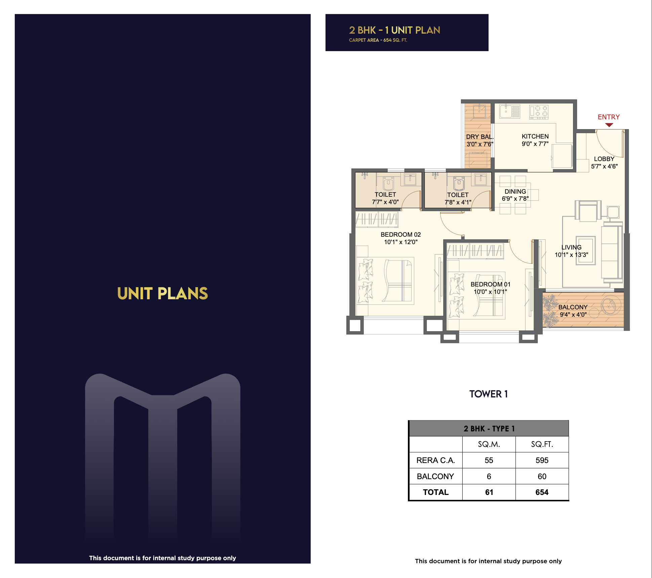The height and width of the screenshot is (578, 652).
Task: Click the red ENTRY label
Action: [x=608, y=117]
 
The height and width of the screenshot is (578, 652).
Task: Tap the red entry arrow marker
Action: [x=609, y=125]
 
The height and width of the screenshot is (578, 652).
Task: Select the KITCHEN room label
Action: [x=535, y=136]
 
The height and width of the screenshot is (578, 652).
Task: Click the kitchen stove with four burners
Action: [x=539, y=112]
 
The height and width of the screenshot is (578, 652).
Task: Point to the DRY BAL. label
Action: [x=480, y=137]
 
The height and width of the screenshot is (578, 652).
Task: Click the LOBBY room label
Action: [x=604, y=159]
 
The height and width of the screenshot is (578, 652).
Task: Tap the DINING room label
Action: [x=515, y=191]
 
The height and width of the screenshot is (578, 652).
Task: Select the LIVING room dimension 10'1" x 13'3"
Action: [x=571, y=255]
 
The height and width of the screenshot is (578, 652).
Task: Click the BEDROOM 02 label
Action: [x=400, y=234]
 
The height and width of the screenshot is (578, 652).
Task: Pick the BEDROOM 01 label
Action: [x=490, y=284]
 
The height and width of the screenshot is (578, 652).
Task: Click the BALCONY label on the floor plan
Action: [x=573, y=307]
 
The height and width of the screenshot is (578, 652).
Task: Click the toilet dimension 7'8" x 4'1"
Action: [x=458, y=202]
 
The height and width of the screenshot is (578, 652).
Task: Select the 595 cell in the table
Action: [x=542, y=460]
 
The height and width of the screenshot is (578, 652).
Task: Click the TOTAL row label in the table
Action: [x=435, y=492]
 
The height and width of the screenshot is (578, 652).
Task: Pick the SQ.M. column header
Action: [x=489, y=444]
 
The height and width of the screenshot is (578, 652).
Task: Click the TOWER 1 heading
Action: [x=489, y=394]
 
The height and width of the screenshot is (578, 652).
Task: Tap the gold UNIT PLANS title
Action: [x=162, y=293]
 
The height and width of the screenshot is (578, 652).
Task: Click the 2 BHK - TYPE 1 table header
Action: [x=489, y=429]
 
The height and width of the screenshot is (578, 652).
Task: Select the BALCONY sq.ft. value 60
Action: [x=542, y=476]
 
